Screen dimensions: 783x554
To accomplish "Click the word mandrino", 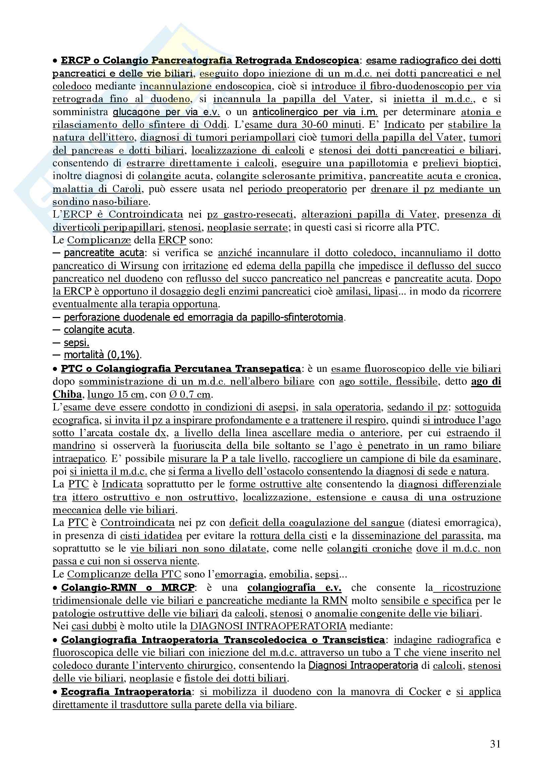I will (74, 446).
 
